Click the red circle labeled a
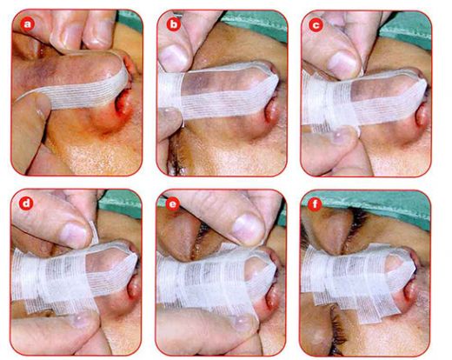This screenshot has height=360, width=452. tap(28, 24)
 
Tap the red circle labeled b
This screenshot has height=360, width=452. tap(173, 24)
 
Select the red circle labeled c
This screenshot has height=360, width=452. tap(316, 25)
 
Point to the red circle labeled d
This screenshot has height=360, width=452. tap(26, 203)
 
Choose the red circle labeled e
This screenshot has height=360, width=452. tap(172, 204)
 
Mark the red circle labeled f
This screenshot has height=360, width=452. tap(315, 204)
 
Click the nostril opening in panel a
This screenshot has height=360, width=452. tap(124, 102)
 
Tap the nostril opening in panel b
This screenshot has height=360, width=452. tap(273, 111)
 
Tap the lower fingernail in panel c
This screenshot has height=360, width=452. tap(342, 136)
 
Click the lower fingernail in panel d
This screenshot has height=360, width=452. tap(83, 319)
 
